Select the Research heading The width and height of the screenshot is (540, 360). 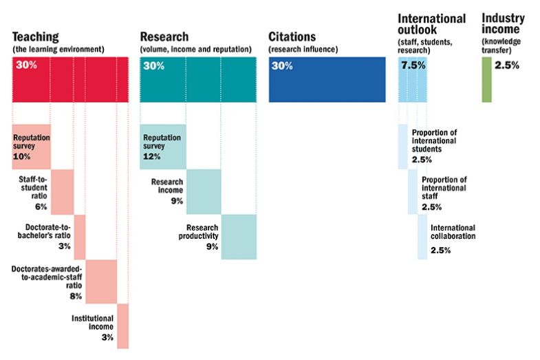tap(166, 37)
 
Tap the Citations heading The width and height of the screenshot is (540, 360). tap(292, 37)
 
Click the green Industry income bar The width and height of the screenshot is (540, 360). tap(486, 79)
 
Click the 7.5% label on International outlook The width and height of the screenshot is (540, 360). tap(413, 66)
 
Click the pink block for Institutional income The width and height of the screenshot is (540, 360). tap(122, 326)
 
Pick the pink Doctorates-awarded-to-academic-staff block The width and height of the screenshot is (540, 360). tap(100, 281)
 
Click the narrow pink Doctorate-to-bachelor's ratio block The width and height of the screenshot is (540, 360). tap(79, 237)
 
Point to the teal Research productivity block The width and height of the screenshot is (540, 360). tap(239, 237)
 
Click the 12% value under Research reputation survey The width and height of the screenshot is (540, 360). tap(151, 157)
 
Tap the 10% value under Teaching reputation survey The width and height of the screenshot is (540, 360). tap(21, 157)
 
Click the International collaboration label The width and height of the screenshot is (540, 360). tap(453, 232)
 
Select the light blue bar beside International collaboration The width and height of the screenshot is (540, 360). tap(422, 237)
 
